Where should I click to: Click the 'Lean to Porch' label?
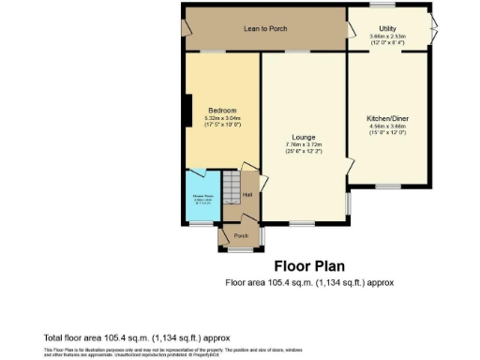[265, 29]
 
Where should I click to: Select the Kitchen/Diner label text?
[386, 119]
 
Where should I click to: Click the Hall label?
[247, 195]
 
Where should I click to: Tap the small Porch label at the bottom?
[241, 235]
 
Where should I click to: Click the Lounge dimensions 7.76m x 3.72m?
[302, 143]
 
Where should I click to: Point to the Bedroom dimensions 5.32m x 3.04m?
[223, 119]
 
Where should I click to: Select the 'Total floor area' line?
[136, 337]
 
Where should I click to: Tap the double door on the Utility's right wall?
[435, 28]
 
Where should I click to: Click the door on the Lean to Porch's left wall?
[186, 28]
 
